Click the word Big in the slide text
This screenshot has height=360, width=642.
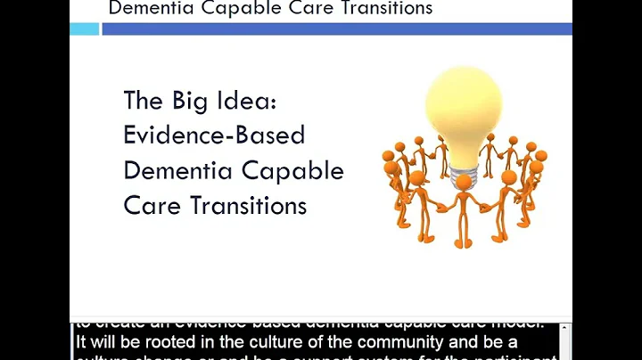pos(185,101)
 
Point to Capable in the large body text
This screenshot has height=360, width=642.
pos(292,171)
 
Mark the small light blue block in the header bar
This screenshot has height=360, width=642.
pos(85,29)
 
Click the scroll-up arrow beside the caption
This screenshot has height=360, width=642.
pos(564,331)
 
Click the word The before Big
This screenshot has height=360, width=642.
pos(142,101)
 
